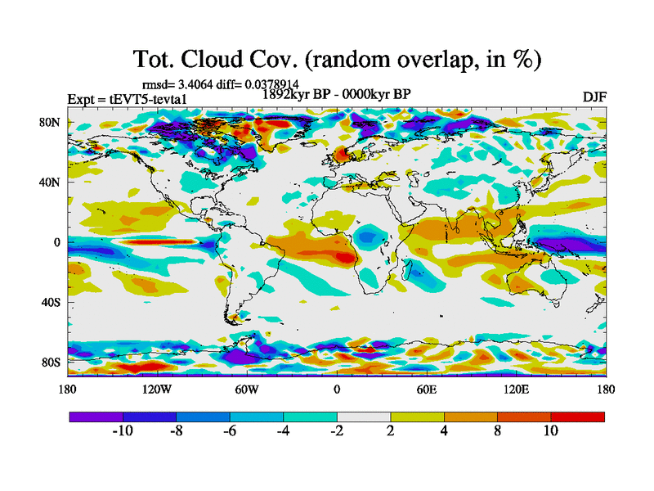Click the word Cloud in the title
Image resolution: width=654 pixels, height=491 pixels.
(x=236, y=59)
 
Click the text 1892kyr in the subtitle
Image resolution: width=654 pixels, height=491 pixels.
(x=289, y=94)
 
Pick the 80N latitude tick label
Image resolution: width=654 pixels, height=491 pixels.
(x=51, y=123)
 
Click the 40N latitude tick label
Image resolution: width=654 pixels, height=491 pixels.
(x=51, y=182)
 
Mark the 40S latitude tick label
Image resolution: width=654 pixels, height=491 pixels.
(x=51, y=302)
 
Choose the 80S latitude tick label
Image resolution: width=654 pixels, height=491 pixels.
(x=51, y=362)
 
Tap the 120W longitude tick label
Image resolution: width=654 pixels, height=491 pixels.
(x=156, y=389)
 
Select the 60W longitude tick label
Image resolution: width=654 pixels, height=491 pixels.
(x=246, y=389)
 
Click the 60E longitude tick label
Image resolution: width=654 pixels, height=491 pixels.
(x=426, y=389)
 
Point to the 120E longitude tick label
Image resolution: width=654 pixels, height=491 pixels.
(x=516, y=389)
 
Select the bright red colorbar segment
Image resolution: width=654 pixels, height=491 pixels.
(x=578, y=417)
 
